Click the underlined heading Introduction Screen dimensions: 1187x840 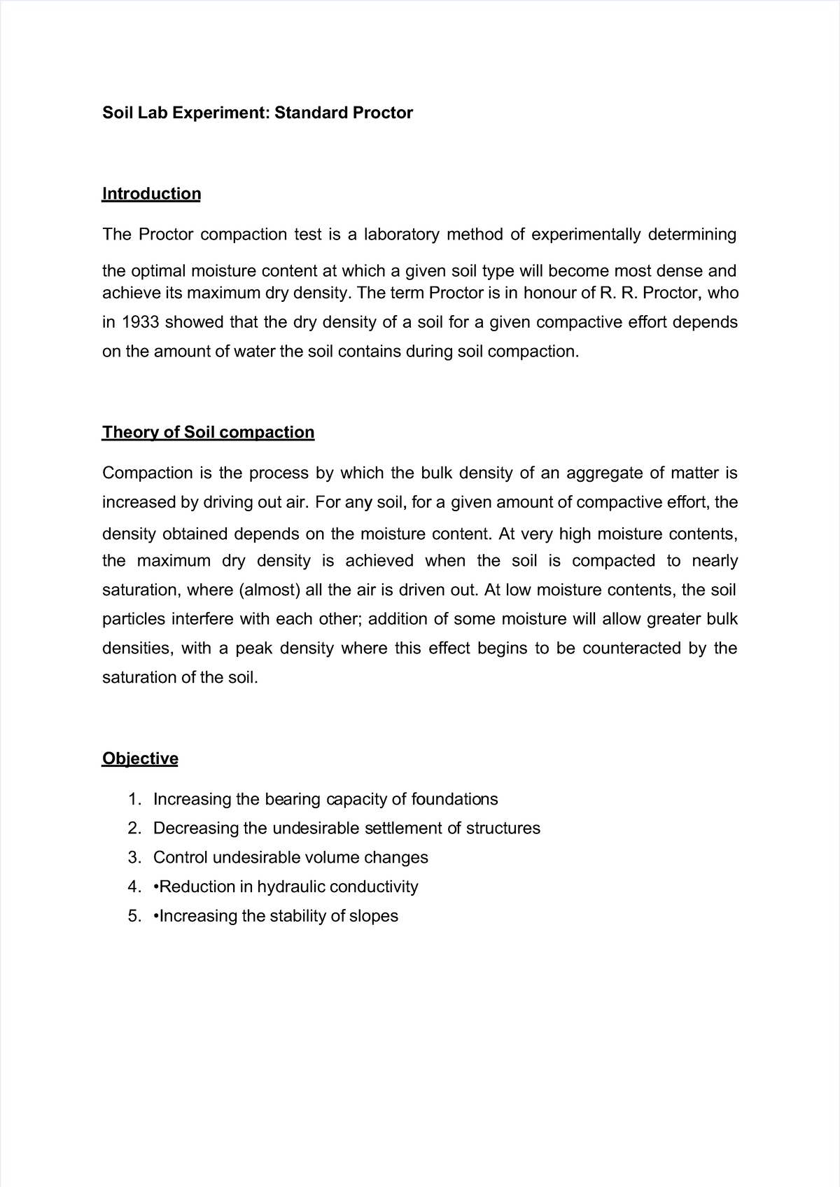point(151,193)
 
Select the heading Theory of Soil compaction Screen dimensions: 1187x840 point(208,432)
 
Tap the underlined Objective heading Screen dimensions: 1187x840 point(140,758)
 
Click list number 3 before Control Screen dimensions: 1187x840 point(134,857)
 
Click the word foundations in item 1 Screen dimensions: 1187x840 point(454,799)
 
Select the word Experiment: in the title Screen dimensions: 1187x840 point(226,113)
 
